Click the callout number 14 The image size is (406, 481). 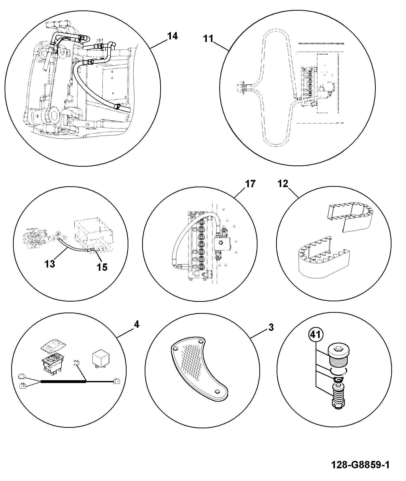coord(172,36)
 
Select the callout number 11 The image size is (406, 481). coord(208,39)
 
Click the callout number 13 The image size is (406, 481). coord(50,264)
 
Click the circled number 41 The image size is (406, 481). coord(316,335)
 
